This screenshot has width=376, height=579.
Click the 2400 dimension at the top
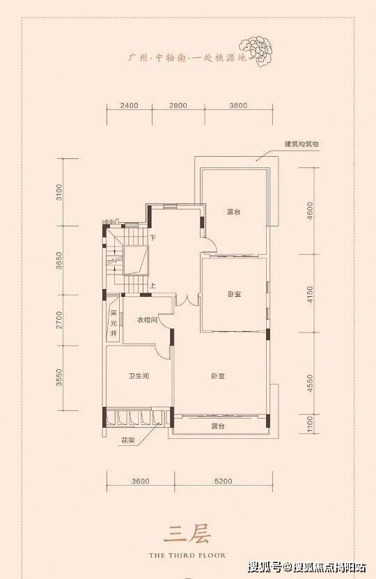point(129,106)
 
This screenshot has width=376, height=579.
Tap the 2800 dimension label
point(178,106)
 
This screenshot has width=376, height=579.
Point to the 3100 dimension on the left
point(59,192)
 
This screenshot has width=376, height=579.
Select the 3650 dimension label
point(59,261)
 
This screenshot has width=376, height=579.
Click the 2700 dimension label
point(59,320)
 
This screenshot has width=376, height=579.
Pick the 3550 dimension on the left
point(59,378)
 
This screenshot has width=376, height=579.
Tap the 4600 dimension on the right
point(310,211)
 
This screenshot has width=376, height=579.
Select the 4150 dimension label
point(310,294)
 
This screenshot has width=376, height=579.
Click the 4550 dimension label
point(310,383)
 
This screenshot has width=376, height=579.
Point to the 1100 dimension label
point(310,424)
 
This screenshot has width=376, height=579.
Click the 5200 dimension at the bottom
point(224,481)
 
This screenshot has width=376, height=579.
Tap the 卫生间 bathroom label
point(139,376)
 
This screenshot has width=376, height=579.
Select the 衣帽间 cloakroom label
point(147,320)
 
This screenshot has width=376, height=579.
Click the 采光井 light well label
point(113,323)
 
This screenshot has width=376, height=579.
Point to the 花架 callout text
point(127,440)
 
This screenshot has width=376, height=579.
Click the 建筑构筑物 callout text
point(301,144)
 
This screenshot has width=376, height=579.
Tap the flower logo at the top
point(256,51)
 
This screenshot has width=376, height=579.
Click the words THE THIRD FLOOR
point(187,555)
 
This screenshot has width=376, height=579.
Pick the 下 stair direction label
point(153,238)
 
